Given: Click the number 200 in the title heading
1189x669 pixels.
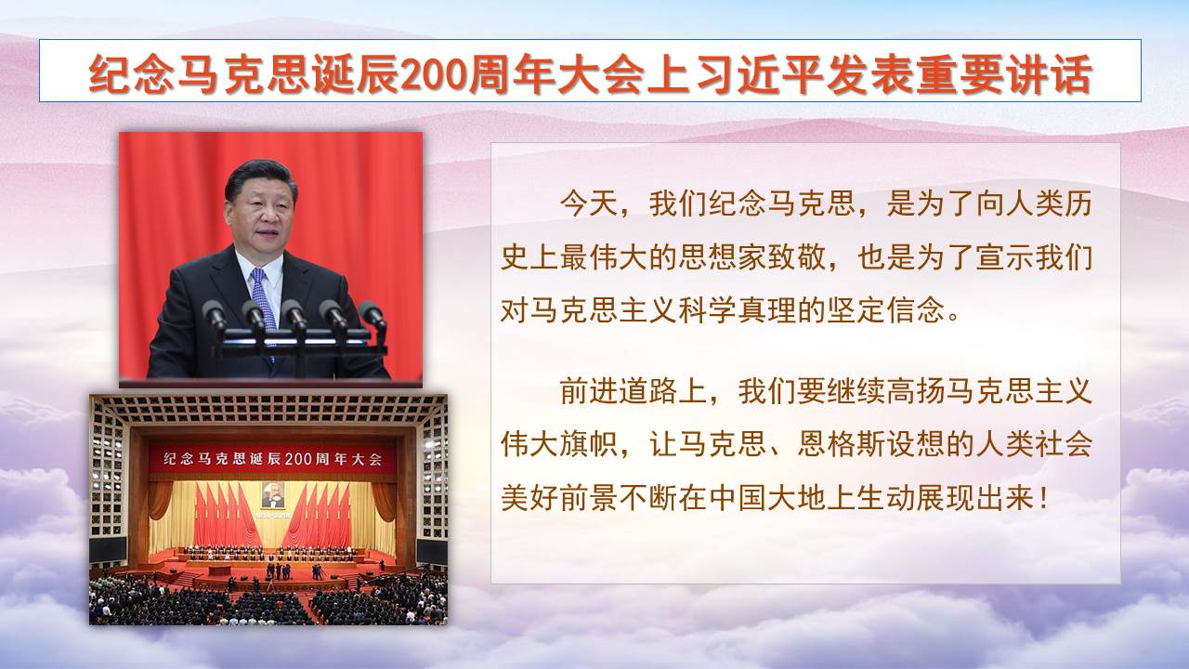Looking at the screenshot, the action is click(434, 75).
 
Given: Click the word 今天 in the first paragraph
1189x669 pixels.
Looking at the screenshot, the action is click(589, 203).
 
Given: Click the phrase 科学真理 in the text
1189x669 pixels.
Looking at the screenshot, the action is click(738, 310).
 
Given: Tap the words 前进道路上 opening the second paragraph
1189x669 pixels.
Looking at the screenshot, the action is click(634, 391).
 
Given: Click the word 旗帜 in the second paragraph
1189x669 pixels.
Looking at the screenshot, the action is click(589, 445).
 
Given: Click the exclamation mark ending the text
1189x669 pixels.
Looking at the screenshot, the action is click(1045, 499).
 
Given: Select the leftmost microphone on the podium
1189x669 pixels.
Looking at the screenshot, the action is click(215, 316).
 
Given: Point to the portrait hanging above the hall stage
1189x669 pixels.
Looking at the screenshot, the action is click(272, 496).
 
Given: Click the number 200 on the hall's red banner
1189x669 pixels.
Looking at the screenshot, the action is click(299, 459).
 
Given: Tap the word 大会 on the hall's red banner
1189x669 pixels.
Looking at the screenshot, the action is click(367, 459).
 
